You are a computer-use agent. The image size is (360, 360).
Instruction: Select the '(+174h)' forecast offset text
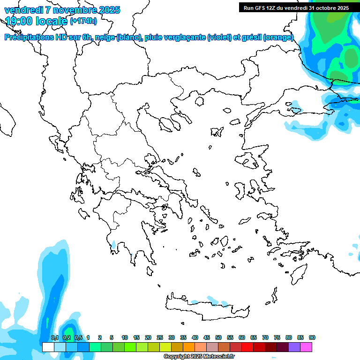point(83,21)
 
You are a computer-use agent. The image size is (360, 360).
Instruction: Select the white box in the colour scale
point(48,347)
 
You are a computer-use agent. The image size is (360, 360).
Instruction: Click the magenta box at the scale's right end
point(306,347)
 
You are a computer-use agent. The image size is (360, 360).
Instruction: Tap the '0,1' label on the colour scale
point(54,338)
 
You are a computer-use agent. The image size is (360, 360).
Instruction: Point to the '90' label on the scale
point(312,338)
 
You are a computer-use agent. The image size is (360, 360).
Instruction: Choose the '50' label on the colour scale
point(218,338)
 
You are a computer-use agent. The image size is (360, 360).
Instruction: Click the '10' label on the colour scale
point(125,338)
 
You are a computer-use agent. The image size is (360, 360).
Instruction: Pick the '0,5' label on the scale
point(78,338)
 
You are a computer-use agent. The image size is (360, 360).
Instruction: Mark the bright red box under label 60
point(247,347)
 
